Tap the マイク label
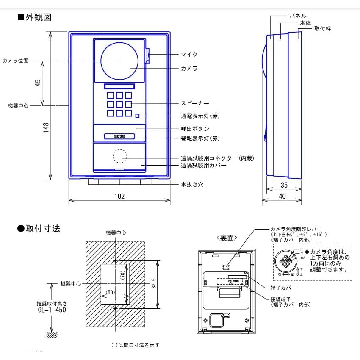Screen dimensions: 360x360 (189, 55)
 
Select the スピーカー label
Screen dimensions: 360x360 (195, 103)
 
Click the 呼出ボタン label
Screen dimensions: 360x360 (195, 129)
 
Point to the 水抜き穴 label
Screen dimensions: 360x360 (192, 185)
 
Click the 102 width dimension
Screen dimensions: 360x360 (119, 196)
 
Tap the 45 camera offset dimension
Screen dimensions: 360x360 (38, 83)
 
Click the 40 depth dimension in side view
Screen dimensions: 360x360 (282, 196)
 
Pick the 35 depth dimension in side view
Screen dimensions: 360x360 (284, 185)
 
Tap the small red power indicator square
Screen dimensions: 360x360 (137, 116)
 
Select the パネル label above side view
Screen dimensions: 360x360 (297, 15)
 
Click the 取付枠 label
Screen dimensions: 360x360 (322, 28)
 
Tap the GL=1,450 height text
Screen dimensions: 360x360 (52, 310)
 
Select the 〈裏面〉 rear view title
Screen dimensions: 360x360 (227, 238)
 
